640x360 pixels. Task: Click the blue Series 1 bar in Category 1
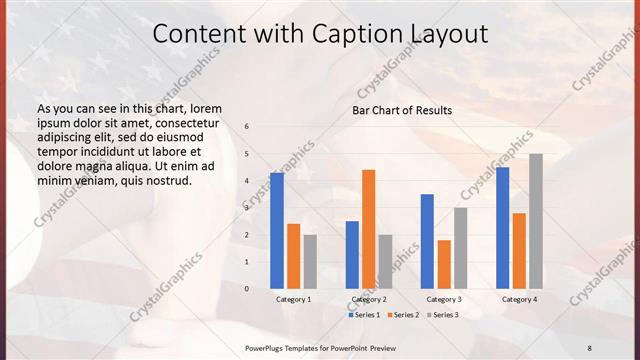277,231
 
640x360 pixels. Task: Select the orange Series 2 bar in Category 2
368,229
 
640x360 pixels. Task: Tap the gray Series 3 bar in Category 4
536,221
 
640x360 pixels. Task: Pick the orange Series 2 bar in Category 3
444,264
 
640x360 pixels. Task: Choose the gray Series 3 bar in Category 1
310,261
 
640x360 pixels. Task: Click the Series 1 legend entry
364,315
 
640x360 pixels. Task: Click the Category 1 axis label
293,299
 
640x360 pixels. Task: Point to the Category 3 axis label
444,299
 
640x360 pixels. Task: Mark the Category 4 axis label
519,299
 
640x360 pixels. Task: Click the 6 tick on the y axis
247,127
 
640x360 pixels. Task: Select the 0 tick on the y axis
247,288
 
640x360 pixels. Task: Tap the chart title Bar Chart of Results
402,110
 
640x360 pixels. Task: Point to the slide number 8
589,347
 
